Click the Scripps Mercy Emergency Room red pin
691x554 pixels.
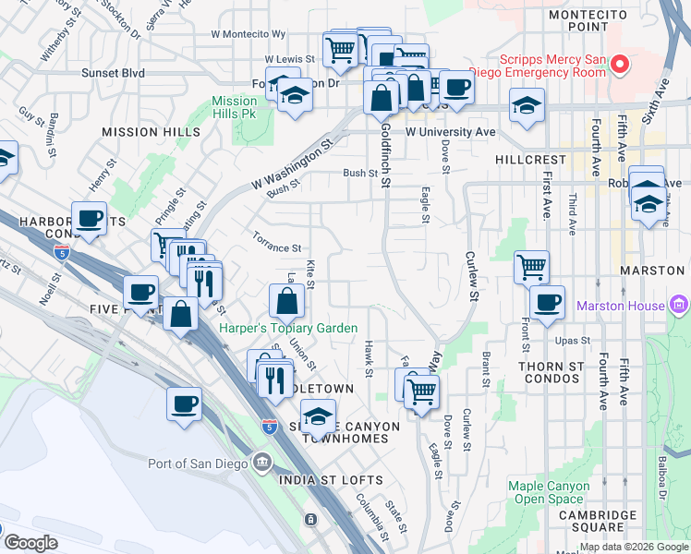pos(619,65)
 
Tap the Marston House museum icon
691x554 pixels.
pos(680,305)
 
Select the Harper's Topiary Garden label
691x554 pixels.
pos(287,327)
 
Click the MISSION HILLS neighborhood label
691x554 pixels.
pos(151,132)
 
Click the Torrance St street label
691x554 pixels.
pos(277,248)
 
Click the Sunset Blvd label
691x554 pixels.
pos(113,72)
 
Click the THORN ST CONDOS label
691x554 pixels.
pos(551,373)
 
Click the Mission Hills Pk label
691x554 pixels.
pos(234,107)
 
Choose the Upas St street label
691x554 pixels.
pos(573,341)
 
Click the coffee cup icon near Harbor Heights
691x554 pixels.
pos(90,220)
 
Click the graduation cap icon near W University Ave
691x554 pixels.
pos(527,106)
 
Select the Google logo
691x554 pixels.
pos(30,543)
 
